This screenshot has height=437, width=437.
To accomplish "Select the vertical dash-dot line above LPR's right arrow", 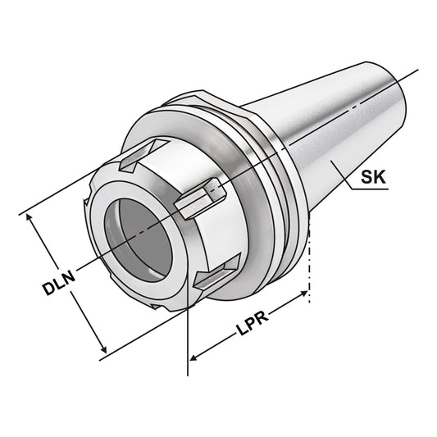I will coord(309,262).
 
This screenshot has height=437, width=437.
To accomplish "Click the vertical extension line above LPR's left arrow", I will coord(189,328).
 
